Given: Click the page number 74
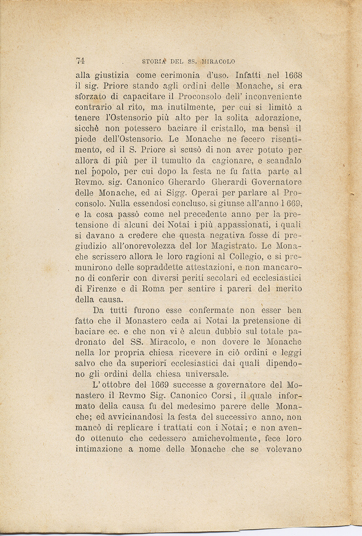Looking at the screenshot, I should pos(80,61).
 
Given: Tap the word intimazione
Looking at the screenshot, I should pos(99,449).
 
